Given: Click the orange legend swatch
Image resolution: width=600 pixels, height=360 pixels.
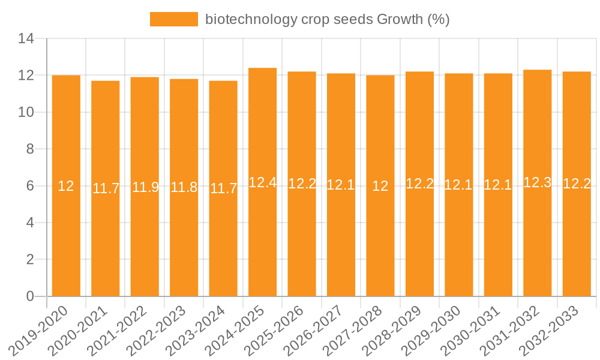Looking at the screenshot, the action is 173,19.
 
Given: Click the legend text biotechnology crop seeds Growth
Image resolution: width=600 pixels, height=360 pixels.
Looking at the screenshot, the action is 327,19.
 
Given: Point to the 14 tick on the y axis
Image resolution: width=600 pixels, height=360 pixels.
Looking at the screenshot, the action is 26,39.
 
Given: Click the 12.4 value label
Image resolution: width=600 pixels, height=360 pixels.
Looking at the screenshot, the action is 262,182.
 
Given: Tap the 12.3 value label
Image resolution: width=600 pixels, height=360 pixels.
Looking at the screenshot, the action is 537,182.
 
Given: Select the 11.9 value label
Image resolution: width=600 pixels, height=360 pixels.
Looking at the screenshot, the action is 145,187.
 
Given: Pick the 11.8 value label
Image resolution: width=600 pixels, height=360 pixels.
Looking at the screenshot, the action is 184,187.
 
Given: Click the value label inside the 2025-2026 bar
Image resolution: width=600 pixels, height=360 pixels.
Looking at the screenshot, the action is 302,184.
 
